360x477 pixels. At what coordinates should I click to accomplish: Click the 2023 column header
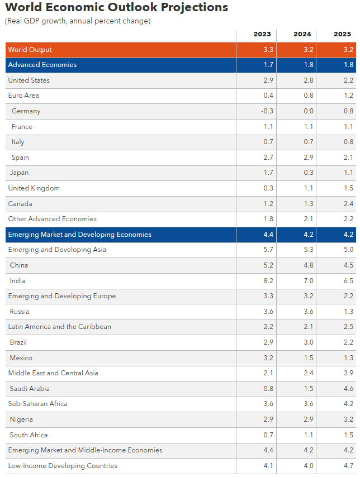(x=262, y=34)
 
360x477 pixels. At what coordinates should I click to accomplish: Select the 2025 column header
(x=342, y=34)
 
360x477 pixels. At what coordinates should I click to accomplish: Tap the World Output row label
(x=30, y=50)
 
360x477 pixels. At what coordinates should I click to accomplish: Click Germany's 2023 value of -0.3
(x=267, y=111)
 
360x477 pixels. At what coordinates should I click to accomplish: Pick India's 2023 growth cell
(x=268, y=281)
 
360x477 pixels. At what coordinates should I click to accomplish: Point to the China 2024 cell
(x=308, y=265)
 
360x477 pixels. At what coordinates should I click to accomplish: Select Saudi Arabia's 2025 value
(x=348, y=388)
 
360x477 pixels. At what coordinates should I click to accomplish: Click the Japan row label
(x=19, y=173)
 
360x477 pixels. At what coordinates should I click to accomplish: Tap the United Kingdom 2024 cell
(x=308, y=188)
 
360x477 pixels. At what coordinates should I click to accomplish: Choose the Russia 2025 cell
(x=348, y=312)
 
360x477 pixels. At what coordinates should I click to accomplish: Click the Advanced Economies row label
(x=42, y=65)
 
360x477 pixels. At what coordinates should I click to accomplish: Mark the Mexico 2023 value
(x=268, y=358)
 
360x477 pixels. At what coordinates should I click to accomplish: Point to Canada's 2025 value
(x=348, y=204)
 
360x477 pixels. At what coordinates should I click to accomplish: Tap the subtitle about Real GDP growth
(x=78, y=21)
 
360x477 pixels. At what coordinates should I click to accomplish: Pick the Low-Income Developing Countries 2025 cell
(x=348, y=465)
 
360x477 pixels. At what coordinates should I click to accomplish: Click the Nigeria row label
(x=21, y=419)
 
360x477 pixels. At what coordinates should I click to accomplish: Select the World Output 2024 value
(x=308, y=50)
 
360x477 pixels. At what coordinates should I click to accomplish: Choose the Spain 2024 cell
(x=308, y=158)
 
